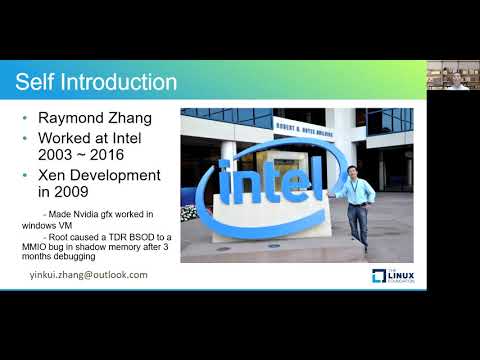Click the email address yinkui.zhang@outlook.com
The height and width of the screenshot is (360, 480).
[x=87, y=274]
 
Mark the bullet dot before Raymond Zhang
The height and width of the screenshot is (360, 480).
[x=25, y=118]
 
